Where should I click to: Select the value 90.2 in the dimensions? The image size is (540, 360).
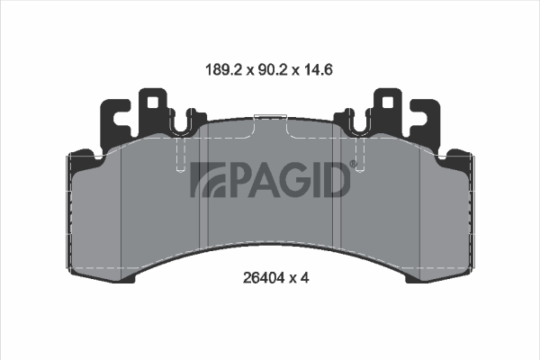tap(273, 70)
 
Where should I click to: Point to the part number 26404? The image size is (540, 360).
tap(264, 277)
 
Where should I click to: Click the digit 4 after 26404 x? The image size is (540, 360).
tap(304, 277)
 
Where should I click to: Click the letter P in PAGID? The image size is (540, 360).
tap(238, 179)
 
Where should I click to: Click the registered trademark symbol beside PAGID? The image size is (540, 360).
tap(354, 165)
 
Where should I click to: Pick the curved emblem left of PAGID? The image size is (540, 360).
tap(208, 179)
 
